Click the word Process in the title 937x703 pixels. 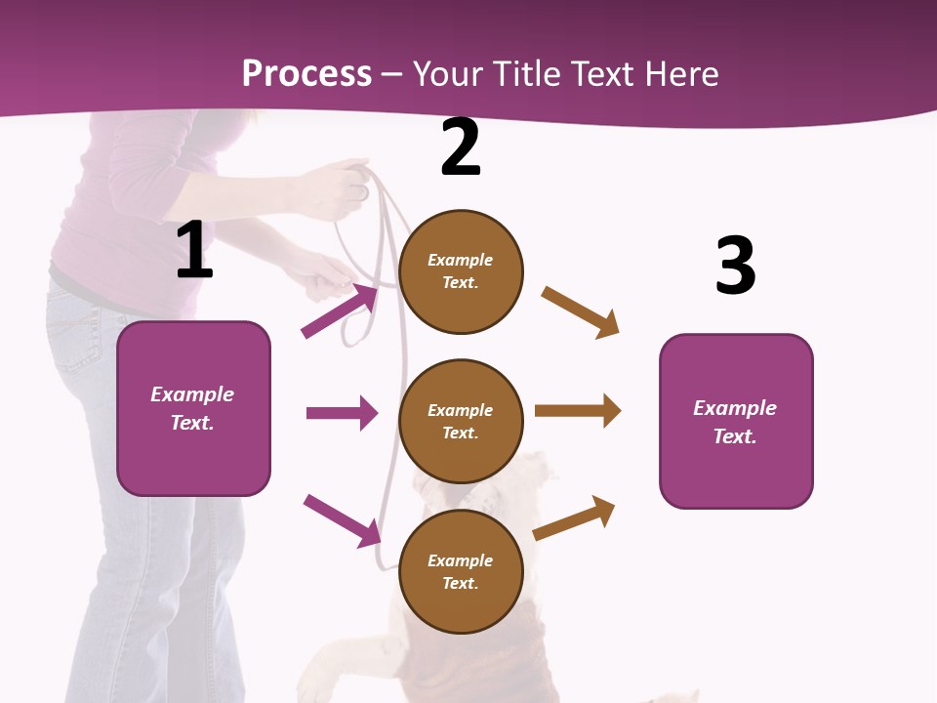[306, 74]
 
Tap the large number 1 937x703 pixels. [194, 251]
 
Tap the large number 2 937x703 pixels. [461, 147]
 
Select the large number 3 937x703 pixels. [735, 266]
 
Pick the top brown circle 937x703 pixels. [461, 271]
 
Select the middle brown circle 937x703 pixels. [461, 421]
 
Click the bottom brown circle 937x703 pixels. [461, 571]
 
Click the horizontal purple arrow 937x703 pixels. [342, 413]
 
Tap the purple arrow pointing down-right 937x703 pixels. [343, 520]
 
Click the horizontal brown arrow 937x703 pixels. [578, 411]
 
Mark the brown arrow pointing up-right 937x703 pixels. [575, 517]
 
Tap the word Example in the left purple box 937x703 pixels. [192, 394]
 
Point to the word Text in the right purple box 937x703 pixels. [733, 436]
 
